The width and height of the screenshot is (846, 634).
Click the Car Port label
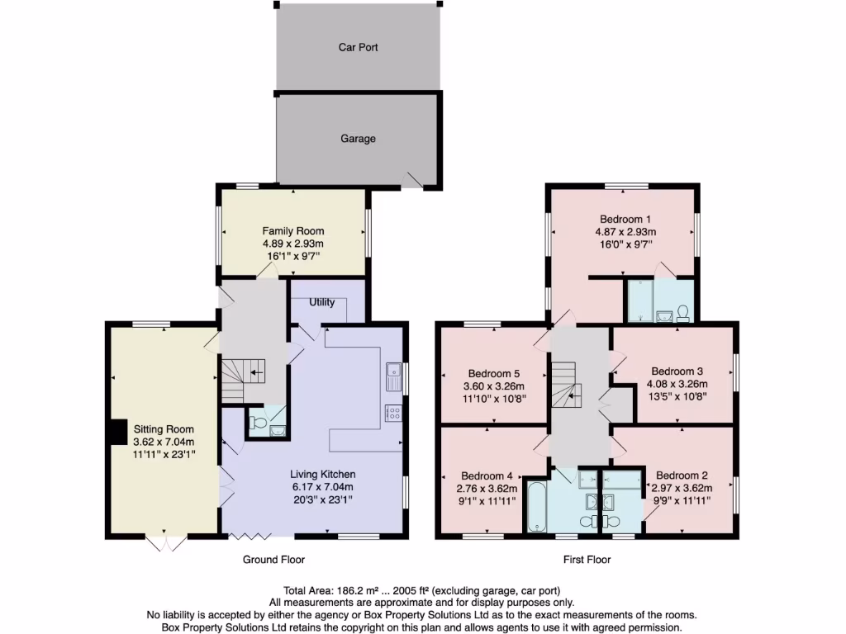pos(358,47)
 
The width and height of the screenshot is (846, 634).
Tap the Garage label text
pos(358,139)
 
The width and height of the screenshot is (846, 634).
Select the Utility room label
pos(322,302)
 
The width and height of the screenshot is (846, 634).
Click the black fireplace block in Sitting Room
pos(118,431)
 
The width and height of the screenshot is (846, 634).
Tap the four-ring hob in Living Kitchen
pos(392,414)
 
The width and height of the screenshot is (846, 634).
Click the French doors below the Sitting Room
pos(164,543)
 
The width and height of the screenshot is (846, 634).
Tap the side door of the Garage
pos(411,180)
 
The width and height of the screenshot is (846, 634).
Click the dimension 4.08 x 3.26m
pos(677,384)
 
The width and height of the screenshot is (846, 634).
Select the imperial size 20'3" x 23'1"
pos(322,500)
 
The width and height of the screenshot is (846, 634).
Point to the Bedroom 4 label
pos(487,475)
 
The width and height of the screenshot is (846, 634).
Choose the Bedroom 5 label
pos(495,372)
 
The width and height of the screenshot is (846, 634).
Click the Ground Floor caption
pos(273,560)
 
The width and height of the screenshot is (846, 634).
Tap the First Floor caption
pos(587,560)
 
